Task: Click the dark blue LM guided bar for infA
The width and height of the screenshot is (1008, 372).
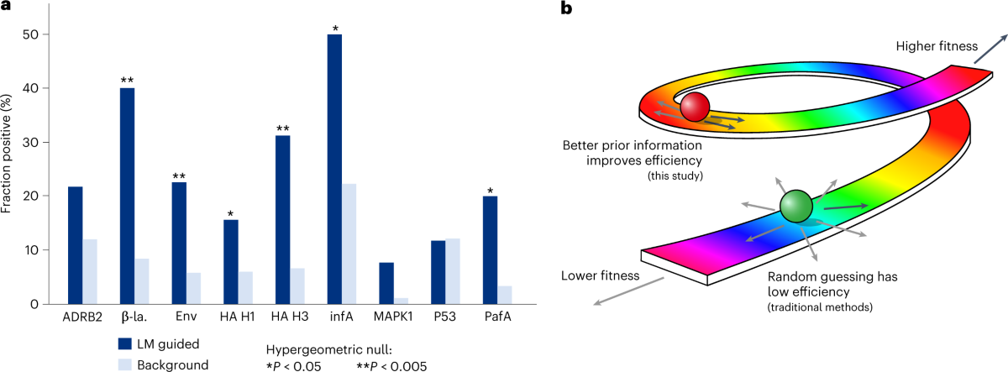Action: click(335, 168)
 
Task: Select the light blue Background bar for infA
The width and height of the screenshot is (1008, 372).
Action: click(349, 244)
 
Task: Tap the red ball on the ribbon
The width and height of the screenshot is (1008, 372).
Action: click(695, 107)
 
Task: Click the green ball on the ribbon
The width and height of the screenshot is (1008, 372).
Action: click(795, 206)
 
